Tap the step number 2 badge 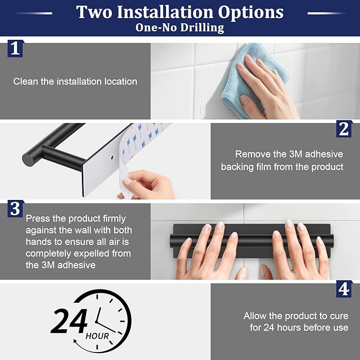click(344, 129)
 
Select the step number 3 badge click(15, 208)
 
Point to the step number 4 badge click(344, 289)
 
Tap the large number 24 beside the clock click(69, 321)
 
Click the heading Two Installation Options click(180, 12)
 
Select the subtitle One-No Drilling click(180, 27)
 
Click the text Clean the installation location click(75, 82)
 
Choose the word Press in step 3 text click(38, 218)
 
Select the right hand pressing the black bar click(300, 249)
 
